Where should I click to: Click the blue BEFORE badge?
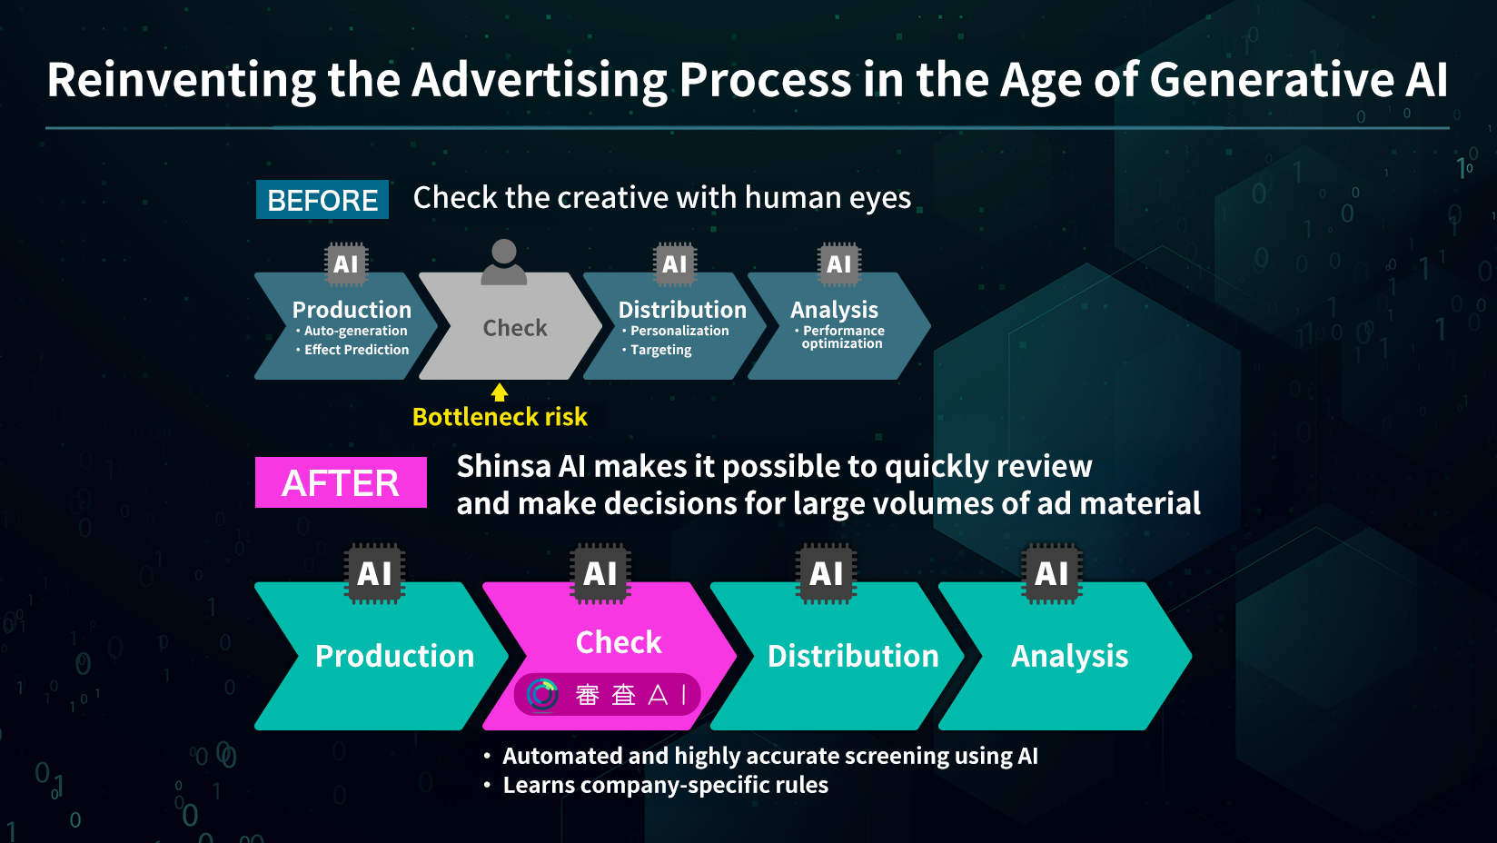click(322, 199)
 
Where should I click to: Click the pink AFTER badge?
click(341, 482)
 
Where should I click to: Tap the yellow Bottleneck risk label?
click(500, 416)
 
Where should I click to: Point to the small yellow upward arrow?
click(500, 392)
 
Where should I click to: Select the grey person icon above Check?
click(504, 262)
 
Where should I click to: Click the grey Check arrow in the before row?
click(511, 326)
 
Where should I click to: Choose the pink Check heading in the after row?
click(619, 641)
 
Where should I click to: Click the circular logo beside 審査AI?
click(542, 695)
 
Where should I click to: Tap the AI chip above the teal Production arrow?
click(374, 573)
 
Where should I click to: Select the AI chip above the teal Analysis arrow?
click(1052, 573)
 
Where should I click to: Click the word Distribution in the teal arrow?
click(853, 656)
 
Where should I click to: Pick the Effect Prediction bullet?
click(352, 350)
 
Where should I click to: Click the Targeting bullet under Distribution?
click(657, 350)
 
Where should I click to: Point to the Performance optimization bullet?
click(839, 337)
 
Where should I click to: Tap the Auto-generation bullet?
click(352, 331)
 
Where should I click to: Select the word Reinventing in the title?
click(181, 81)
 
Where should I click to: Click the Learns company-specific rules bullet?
click(656, 785)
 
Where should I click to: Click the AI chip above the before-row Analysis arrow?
click(839, 264)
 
